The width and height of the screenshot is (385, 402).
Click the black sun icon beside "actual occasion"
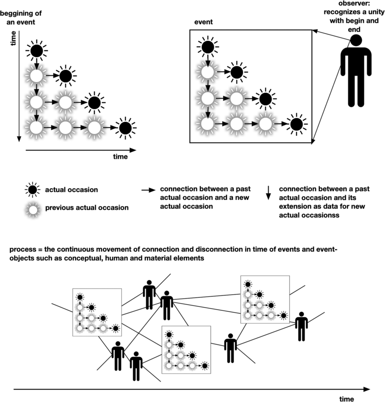coord(33,189)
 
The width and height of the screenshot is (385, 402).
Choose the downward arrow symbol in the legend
coord(268,193)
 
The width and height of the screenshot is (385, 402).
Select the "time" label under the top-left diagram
coord(120,157)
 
